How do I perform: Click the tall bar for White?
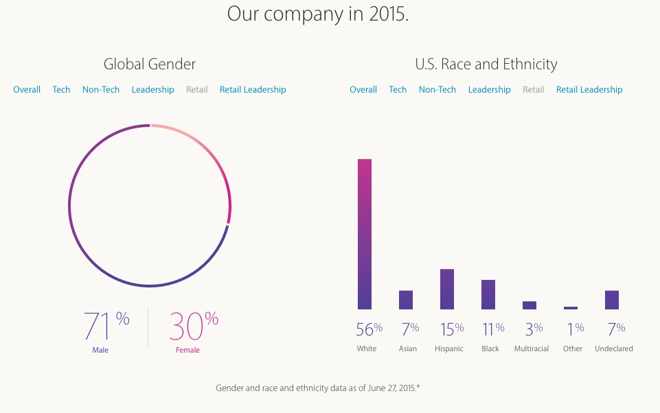pyautogui.click(x=365, y=234)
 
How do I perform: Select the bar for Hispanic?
pyautogui.click(x=447, y=289)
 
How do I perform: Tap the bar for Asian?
pyautogui.click(x=406, y=300)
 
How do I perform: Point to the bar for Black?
pyautogui.click(x=488, y=294)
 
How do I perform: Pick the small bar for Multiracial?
pyautogui.click(x=530, y=305)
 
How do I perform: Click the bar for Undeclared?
pyautogui.click(x=612, y=300)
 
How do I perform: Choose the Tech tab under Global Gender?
pyautogui.click(x=61, y=90)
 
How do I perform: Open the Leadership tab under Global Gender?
pyautogui.click(x=152, y=90)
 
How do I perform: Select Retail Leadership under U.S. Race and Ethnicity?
pyautogui.click(x=589, y=90)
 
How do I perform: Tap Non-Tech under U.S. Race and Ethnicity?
pyautogui.click(x=437, y=90)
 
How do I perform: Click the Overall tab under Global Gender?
pyautogui.click(x=27, y=90)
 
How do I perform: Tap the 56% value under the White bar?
pyautogui.click(x=369, y=329)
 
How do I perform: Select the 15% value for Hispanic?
pyautogui.click(x=451, y=329)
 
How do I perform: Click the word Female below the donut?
pyautogui.click(x=187, y=350)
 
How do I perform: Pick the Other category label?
pyautogui.click(x=572, y=349)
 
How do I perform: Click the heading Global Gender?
pyautogui.click(x=150, y=64)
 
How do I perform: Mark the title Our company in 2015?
pyautogui.click(x=318, y=14)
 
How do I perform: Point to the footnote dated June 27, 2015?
pyautogui.click(x=318, y=388)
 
